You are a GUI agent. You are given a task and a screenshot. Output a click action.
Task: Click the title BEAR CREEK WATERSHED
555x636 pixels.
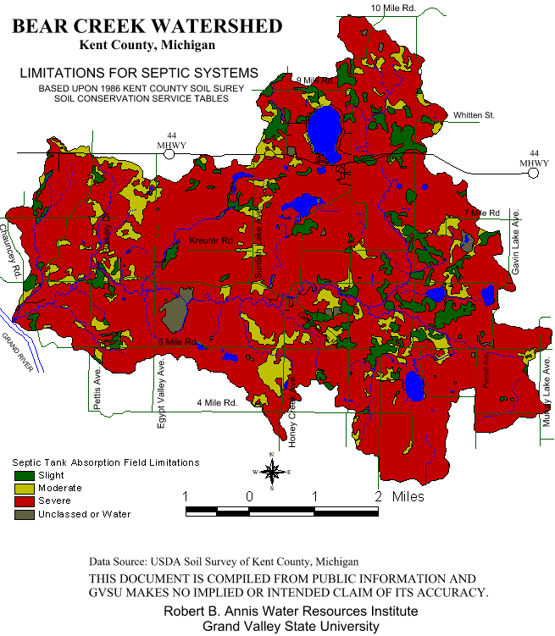tap(147, 26)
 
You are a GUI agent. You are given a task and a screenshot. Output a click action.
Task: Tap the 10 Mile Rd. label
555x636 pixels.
tap(394, 8)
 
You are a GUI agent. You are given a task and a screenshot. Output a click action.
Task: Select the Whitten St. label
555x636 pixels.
tap(474, 114)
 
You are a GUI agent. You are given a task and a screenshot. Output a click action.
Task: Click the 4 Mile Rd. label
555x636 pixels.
tap(216, 402)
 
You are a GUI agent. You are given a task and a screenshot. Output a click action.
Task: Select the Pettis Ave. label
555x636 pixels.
tap(97, 391)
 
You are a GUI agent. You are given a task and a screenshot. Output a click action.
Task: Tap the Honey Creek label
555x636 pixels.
tap(292, 423)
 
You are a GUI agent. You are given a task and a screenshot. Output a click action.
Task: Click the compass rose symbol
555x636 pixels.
tap(271, 472)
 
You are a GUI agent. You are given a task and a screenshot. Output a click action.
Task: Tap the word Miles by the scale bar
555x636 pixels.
tap(408, 496)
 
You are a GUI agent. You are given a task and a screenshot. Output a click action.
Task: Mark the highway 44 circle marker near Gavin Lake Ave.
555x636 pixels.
tap(533, 174)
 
